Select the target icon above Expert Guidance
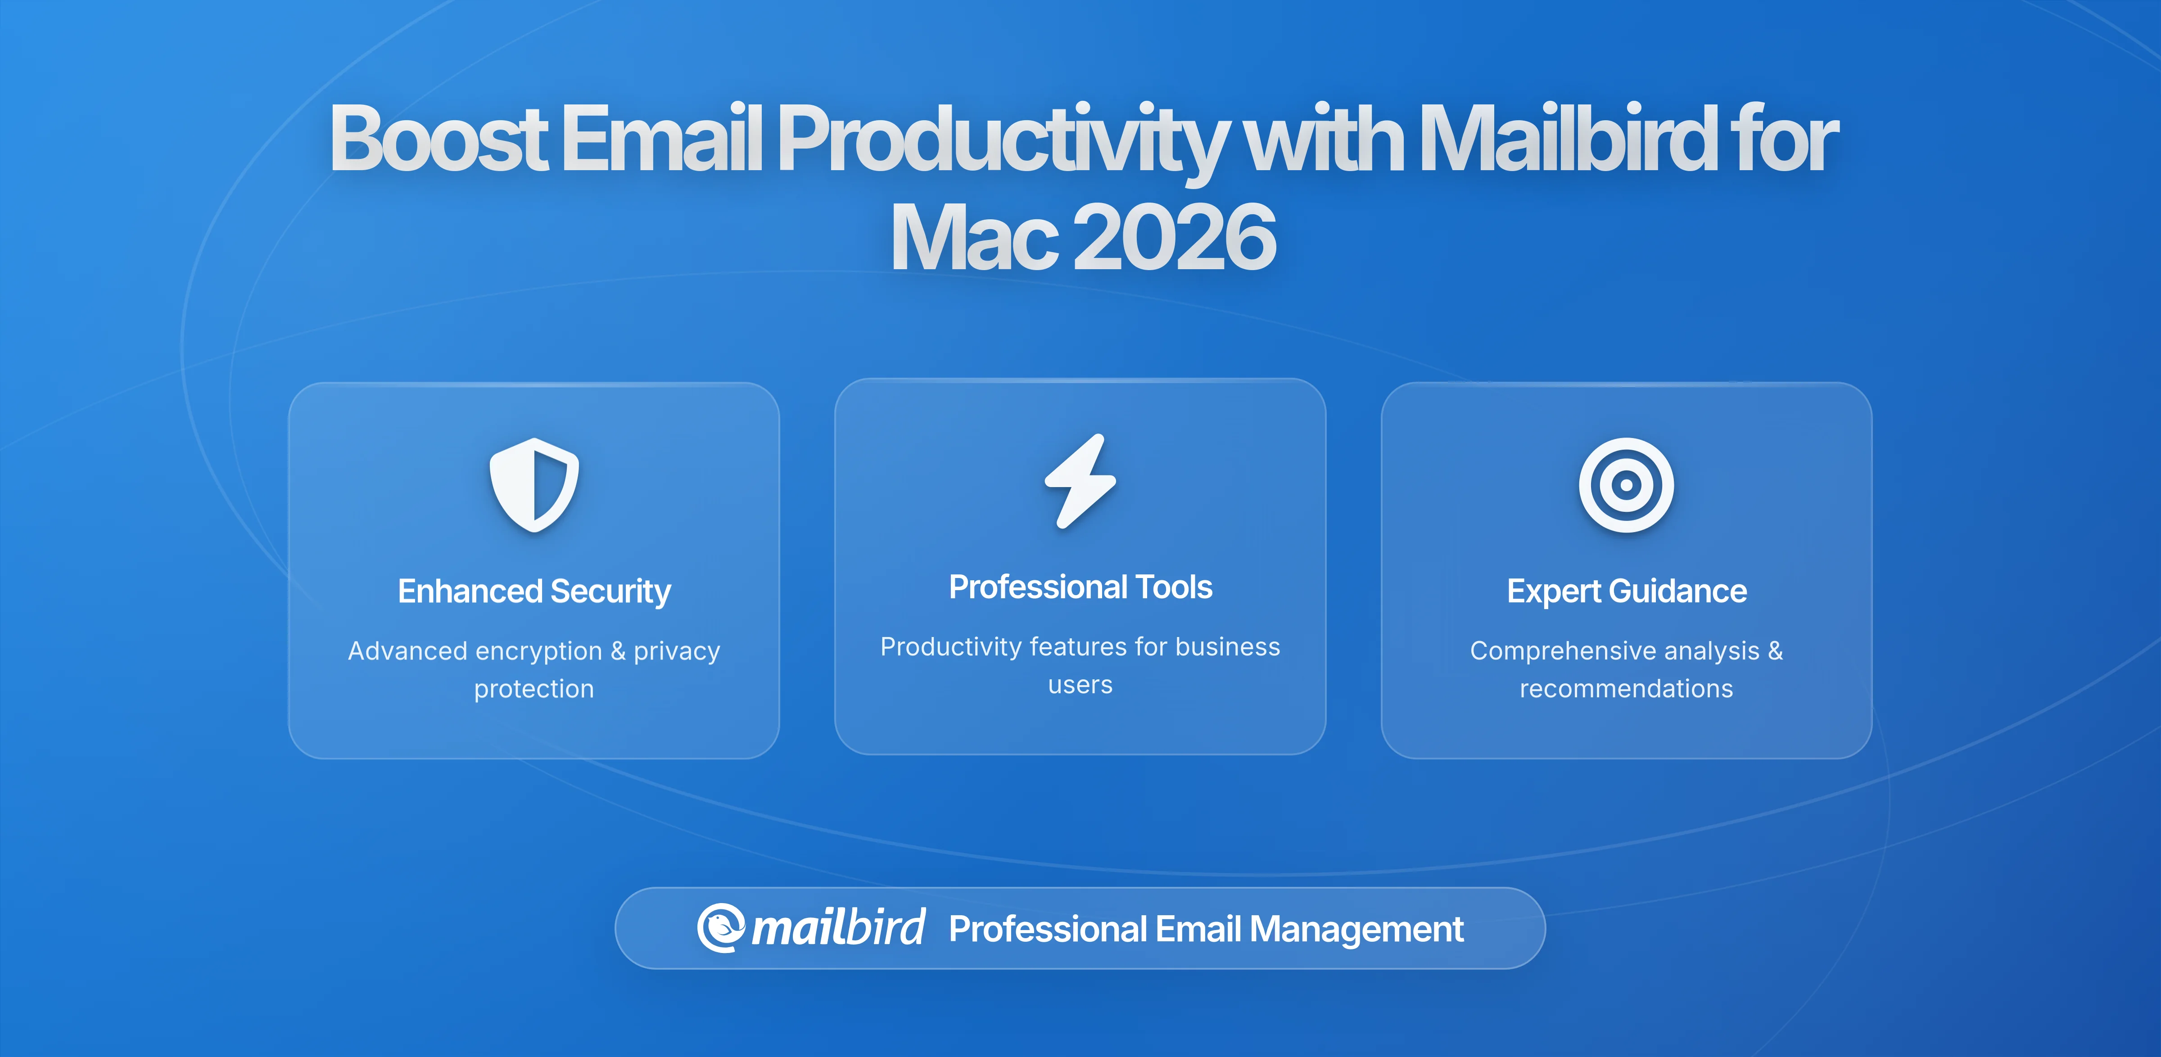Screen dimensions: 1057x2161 click(x=1626, y=485)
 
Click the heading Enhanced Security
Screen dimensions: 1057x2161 click(x=534, y=592)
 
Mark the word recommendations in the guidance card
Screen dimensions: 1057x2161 click(x=1626, y=689)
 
